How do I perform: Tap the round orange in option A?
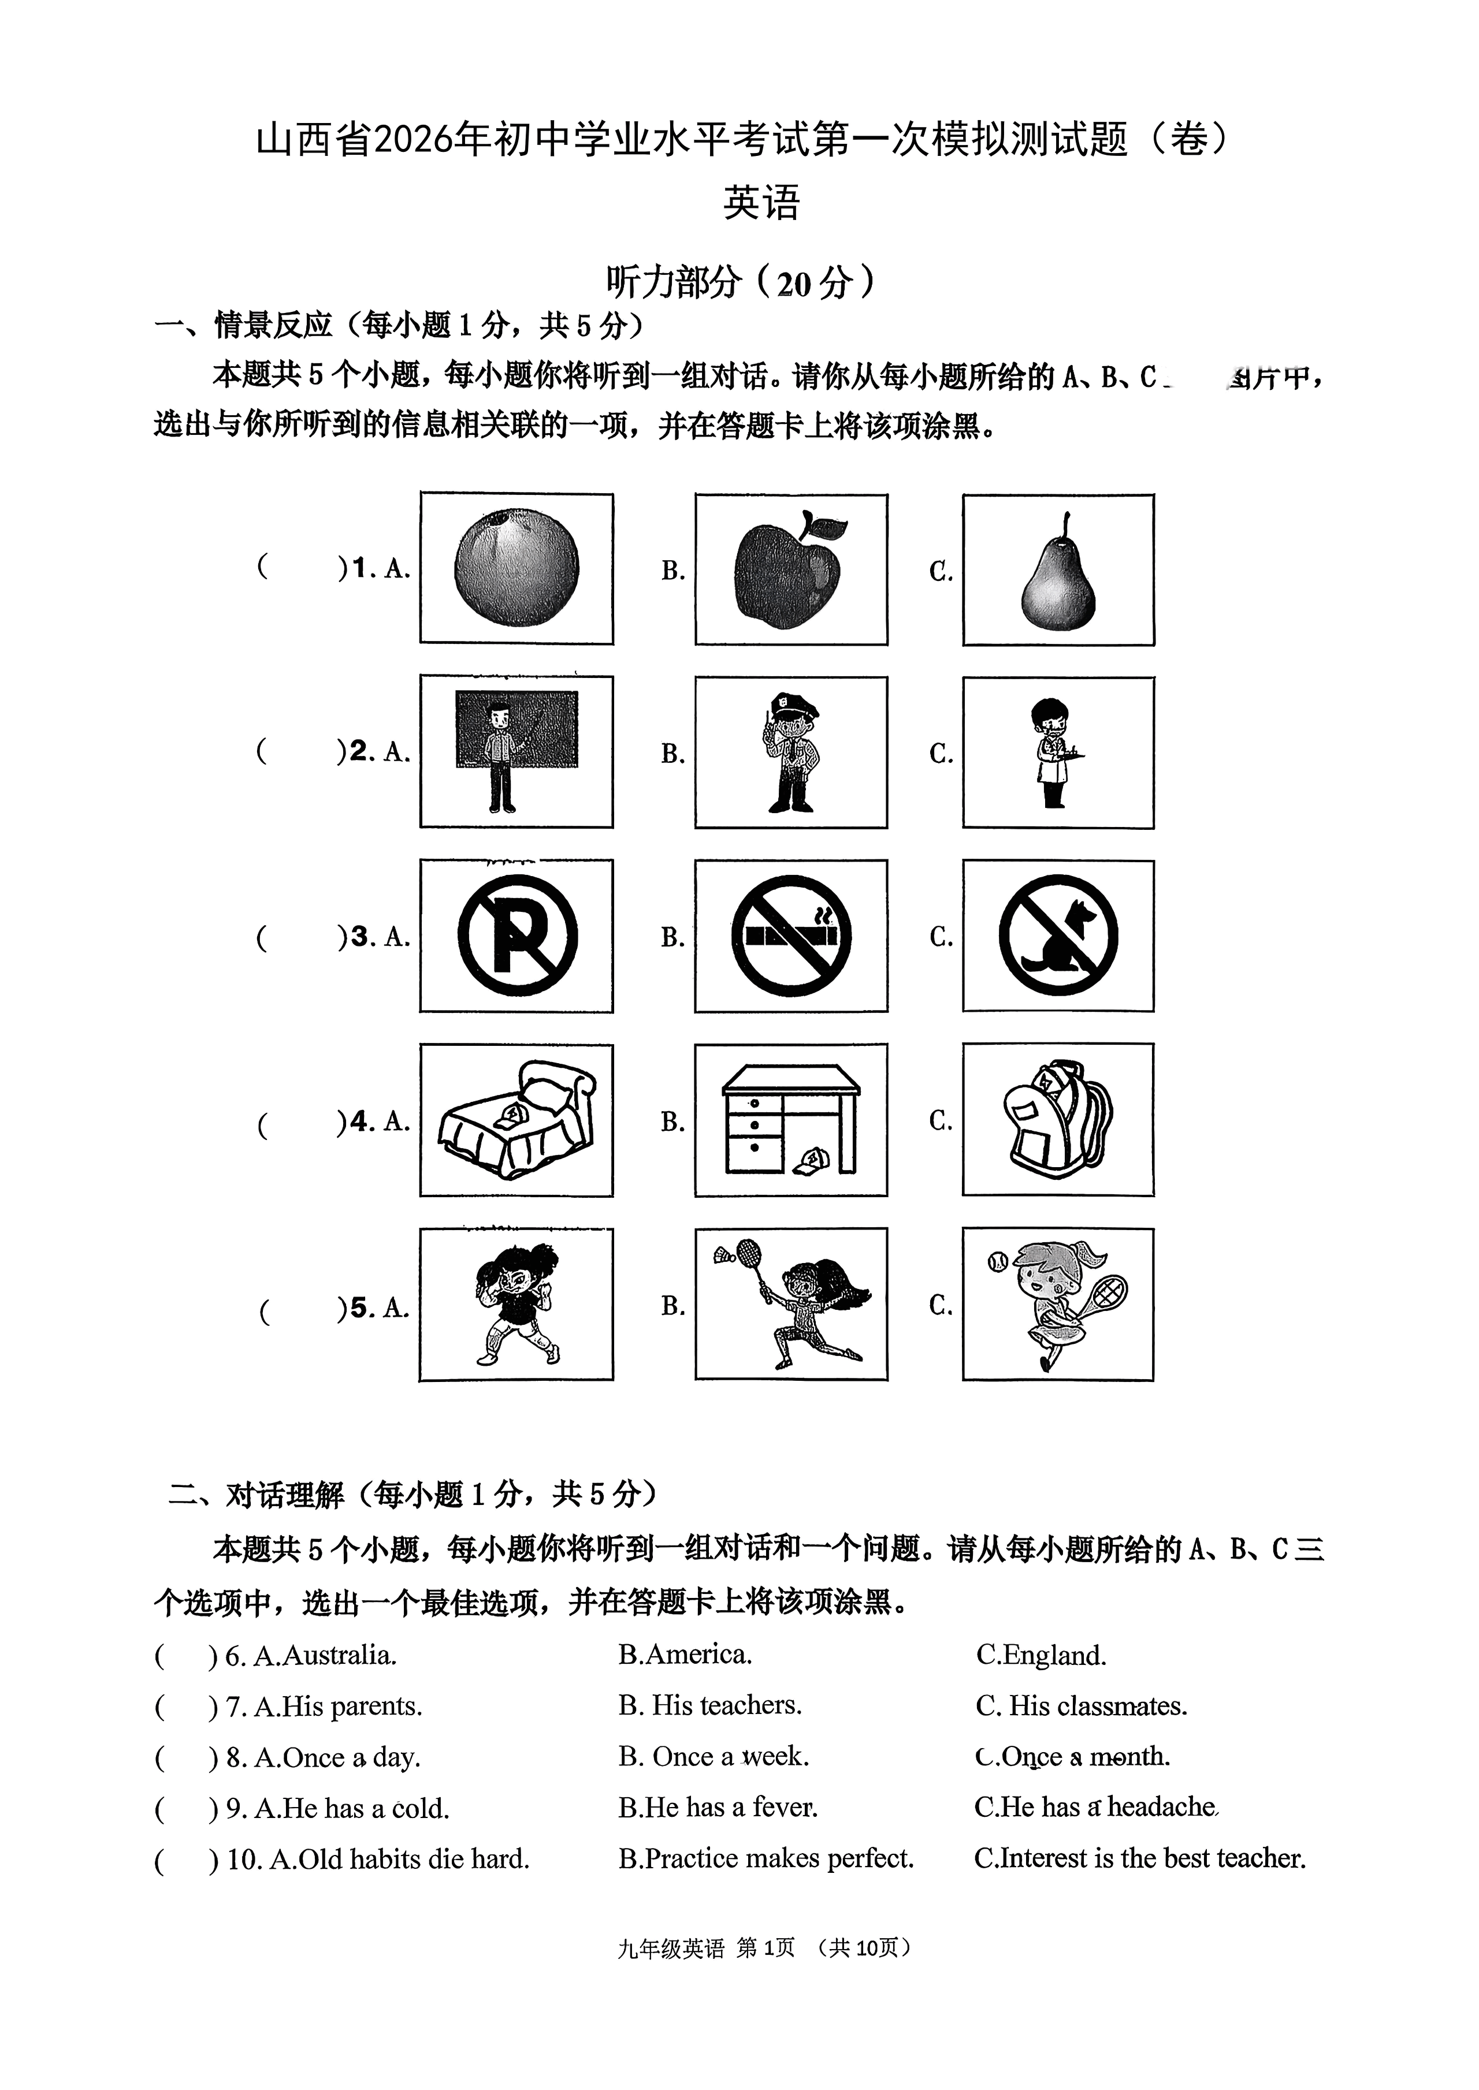(516, 568)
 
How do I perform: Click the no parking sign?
(517, 936)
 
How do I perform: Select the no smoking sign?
(790, 936)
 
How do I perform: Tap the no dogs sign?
(1057, 936)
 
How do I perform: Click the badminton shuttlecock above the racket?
(725, 1257)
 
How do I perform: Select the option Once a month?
(1073, 1757)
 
